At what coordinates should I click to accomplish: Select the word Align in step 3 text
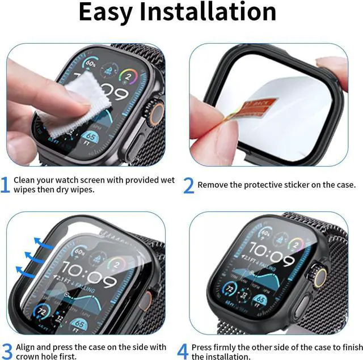pyautogui.click(x=26, y=347)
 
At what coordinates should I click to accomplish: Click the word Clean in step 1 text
pyautogui.click(x=25, y=180)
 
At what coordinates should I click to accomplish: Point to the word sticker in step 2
pyautogui.click(x=301, y=185)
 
